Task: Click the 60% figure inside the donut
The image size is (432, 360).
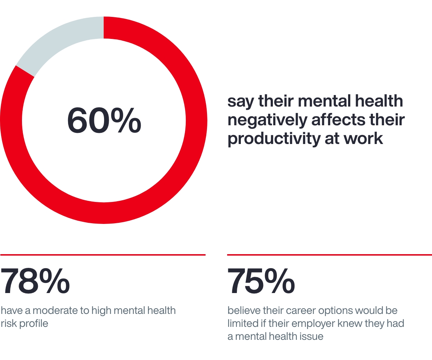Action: tap(104, 121)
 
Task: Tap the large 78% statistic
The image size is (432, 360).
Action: tap(35, 281)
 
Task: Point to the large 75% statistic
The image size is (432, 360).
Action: tap(261, 281)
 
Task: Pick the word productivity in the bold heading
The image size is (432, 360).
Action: tap(272, 139)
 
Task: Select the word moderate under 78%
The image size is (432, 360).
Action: tap(53, 310)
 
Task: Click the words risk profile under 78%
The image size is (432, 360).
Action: tap(24, 324)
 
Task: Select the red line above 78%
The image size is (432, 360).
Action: tap(103, 255)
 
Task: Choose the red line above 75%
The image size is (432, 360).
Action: tap(329, 255)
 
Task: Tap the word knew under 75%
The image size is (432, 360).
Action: tap(357, 323)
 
